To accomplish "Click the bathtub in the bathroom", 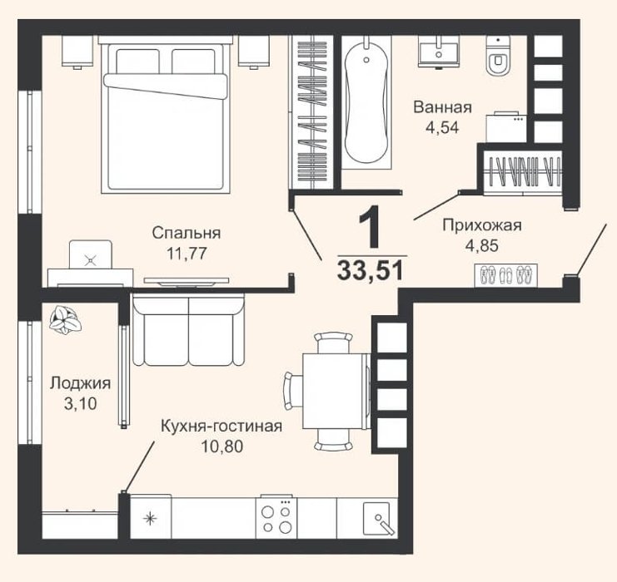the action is tap(366, 103).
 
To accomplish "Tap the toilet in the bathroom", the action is tap(498, 56).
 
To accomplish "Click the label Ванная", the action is tap(442, 107).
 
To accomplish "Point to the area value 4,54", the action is tap(442, 128).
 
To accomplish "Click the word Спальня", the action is tap(187, 233).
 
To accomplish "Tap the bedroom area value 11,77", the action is tap(187, 254).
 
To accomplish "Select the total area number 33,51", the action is tap(371, 271).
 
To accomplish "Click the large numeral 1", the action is tap(370, 227).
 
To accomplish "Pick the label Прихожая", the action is tap(482, 225).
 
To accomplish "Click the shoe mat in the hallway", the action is tap(505, 275).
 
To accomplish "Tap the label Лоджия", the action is tap(80, 383).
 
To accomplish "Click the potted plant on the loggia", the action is tap(65, 320).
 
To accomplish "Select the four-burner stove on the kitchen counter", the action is tap(276, 518).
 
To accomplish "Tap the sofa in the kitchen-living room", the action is tap(189, 330).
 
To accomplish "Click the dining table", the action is tap(336, 391).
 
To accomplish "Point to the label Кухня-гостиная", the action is tap(221, 426).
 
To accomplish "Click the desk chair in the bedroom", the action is tap(91, 254).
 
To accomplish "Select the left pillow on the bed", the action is tap(137, 62).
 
